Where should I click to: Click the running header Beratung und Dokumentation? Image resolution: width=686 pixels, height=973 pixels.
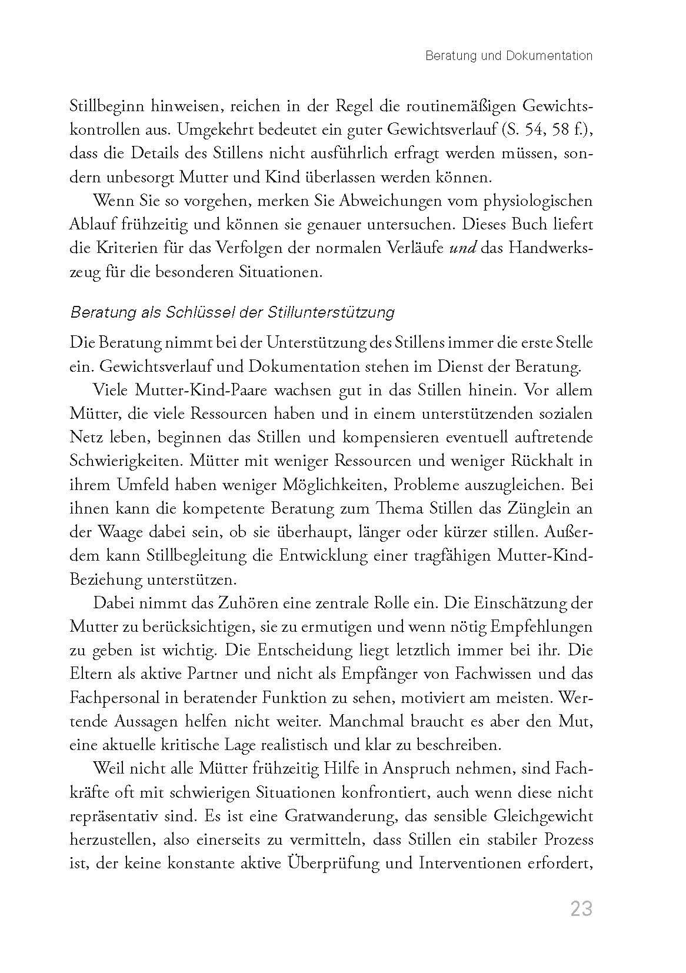tap(509, 56)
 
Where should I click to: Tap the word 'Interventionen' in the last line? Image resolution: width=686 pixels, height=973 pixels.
tap(469, 864)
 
